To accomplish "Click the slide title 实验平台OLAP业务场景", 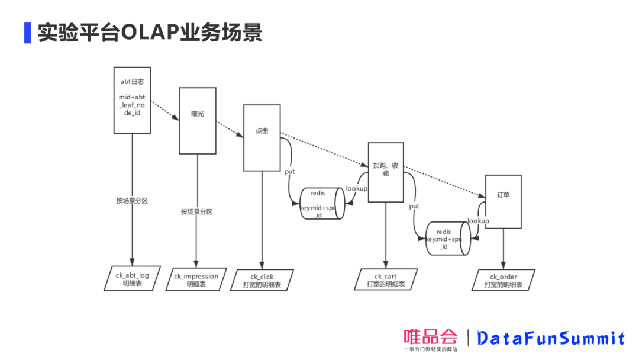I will (x=150, y=33).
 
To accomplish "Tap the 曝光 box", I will (x=197, y=120).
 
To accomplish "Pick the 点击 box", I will (x=262, y=137).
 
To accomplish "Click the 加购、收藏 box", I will (x=385, y=172).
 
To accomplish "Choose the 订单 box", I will (x=504, y=201).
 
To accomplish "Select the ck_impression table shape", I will (x=196, y=280).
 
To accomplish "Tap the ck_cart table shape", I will (x=385, y=280).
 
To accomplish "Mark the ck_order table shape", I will (x=504, y=281).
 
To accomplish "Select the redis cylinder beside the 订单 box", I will (x=448, y=238).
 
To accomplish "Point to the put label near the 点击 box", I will (x=290, y=171).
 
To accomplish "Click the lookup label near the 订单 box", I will (x=478, y=221).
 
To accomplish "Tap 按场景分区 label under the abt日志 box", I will (x=132, y=201).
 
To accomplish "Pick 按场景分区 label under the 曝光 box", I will (x=196, y=211).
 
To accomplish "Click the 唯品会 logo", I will (x=431, y=339).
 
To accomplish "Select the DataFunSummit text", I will (x=550, y=338).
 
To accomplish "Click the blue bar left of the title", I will (x=27, y=33).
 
